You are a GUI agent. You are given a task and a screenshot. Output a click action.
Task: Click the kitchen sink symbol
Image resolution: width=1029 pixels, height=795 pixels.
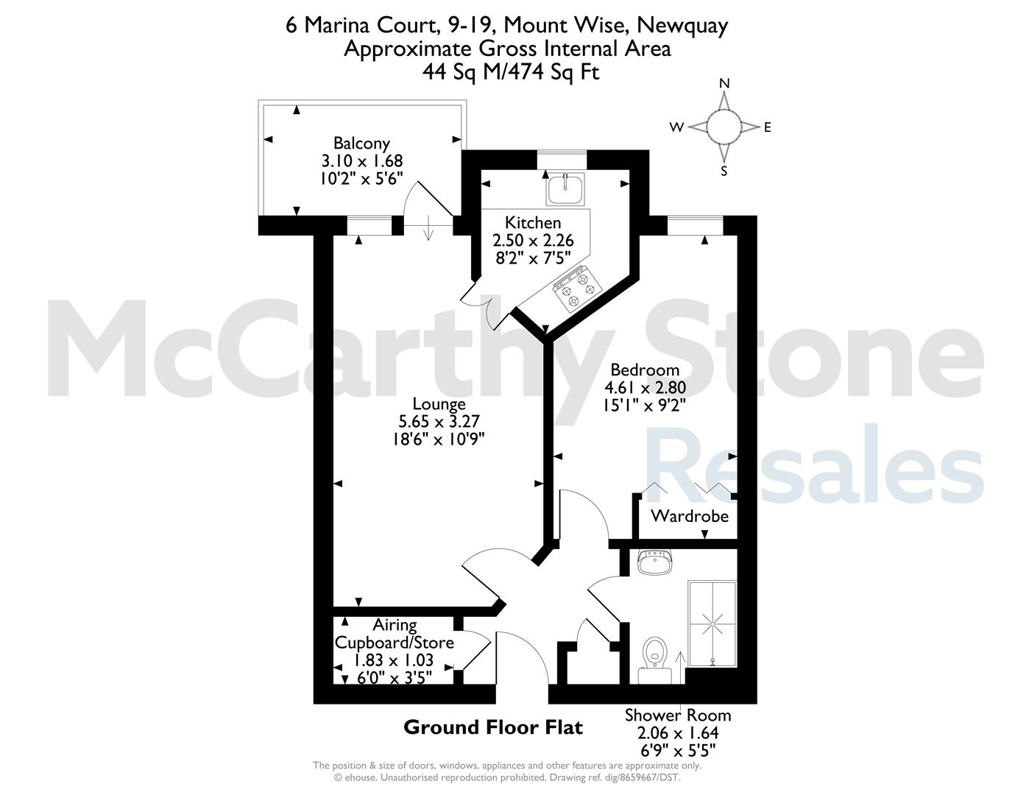click(x=565, y=188)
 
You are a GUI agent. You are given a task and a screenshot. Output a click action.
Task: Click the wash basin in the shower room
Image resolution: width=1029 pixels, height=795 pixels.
click(x=655, y=562)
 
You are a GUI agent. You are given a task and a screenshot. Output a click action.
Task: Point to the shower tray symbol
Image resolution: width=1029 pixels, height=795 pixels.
click(x=712, y=624)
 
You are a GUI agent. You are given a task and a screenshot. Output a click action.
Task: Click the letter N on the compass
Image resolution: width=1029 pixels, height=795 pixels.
click(x=724, y=83)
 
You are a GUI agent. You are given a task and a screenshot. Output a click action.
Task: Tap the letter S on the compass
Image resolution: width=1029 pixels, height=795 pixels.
click(x=724, y=171)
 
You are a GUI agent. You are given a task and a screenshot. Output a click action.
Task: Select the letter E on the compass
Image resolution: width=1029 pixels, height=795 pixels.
click(x=768, y=127)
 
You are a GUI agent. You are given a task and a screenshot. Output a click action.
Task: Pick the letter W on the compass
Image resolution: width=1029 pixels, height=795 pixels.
click(x=676, y=127)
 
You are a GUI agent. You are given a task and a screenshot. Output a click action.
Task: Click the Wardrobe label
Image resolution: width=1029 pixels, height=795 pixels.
click(x=690, y=515)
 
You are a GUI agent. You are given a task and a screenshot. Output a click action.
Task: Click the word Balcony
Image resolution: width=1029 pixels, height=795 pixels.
click(x=362, y=143)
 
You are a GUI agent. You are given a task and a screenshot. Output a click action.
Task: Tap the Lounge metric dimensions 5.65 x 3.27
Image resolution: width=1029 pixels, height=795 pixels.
click(x=439, y=421)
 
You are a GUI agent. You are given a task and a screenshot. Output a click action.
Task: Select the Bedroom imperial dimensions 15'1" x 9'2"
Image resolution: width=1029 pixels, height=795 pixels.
click(x=645, y=406)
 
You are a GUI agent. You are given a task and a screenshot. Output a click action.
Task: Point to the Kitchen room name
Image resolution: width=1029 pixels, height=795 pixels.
click(x=533, y=222)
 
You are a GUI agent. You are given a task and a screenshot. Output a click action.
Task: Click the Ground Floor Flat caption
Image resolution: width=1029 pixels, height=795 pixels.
click(x=493, y=727)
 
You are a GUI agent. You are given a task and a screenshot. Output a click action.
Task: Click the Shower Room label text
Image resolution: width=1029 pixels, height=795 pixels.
click(x=678, y=715)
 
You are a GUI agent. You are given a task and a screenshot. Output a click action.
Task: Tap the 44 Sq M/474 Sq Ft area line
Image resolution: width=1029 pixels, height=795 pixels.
click(x=511, y=72)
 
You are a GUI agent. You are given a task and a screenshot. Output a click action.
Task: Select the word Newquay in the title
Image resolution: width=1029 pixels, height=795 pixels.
click(x=682, y=26)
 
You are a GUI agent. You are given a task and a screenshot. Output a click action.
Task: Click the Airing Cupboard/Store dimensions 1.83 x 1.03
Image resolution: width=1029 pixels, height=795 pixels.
click(x=394, y=660)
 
